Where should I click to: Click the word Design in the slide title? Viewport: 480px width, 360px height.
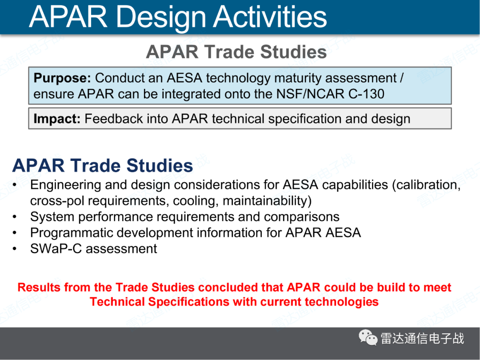tap(161, 18)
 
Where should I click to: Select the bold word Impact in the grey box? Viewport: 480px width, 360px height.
tap(57, 119)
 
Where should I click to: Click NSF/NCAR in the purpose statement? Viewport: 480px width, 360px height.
tap(310, 94)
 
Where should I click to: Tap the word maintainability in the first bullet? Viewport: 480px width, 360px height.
tap(267, 201)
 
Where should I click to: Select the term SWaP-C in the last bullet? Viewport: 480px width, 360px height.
tap(56, 248)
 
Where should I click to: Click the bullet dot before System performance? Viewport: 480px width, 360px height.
tap(15, 217)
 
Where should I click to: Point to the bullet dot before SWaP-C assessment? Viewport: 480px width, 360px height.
tap(15, 249)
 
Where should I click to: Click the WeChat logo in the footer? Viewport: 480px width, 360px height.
tap(368, 337)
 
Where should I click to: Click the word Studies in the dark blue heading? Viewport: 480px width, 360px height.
tap(160, 166)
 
